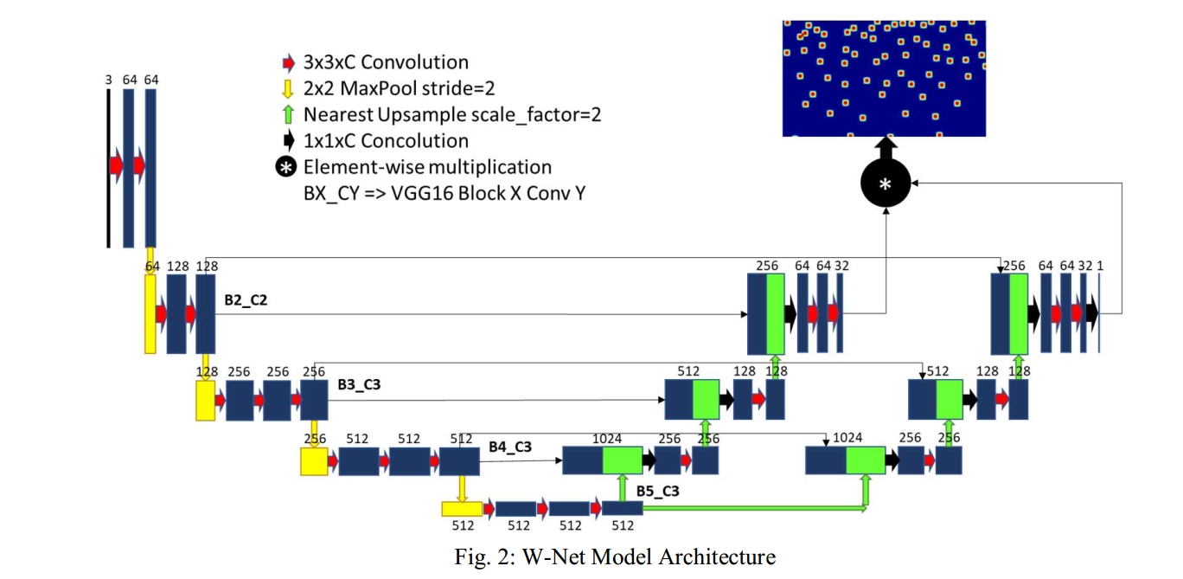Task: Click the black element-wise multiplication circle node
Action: (x=886, y=183)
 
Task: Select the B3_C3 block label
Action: (x=359, y=384)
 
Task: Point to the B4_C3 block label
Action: (x=509, y=447)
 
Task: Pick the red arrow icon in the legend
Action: (x=289, y=62)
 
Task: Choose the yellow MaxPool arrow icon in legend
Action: (x=289, y=88)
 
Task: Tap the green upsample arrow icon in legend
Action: (x=289, y=114)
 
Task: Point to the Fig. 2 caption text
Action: (x=615, y=556)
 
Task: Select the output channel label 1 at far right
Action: (x=1100, y=266)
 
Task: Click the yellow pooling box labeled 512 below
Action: (x=461, y=509)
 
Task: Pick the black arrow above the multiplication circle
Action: (x=886, y=146)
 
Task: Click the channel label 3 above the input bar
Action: (x=108, y=80)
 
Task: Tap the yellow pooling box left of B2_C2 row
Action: (x=150, y=313)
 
